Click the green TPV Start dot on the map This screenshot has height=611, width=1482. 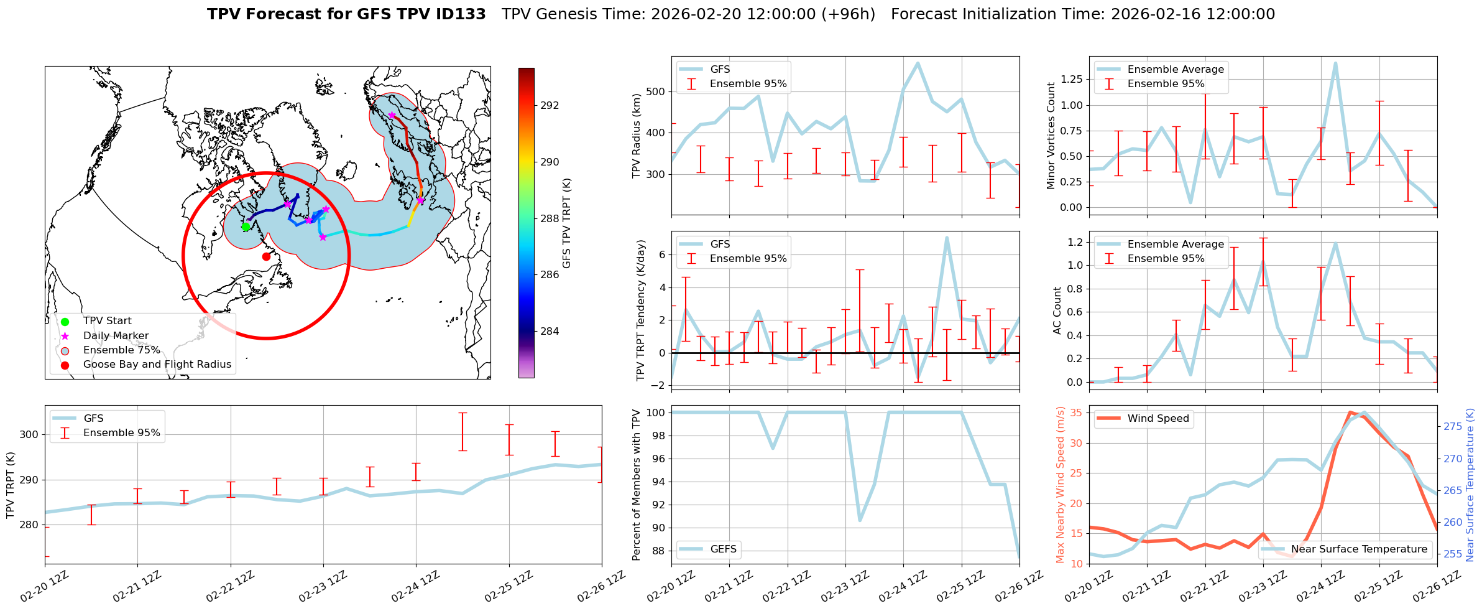click(246, 227)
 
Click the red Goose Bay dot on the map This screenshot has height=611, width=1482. click(266, 256)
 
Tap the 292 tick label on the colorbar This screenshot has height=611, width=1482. click(550, 105)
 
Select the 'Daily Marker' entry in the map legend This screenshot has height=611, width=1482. click(116, 336)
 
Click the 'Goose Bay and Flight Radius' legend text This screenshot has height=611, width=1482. click(157, 365)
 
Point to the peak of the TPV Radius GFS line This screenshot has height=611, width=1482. click(918, 63)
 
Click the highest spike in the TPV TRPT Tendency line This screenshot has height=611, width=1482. click(947, 237)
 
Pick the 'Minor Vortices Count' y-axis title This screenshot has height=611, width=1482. click(1051, 136)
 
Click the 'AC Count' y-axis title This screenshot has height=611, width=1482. click(1057, 310)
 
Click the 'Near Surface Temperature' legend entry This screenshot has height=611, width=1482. click(1359, 549)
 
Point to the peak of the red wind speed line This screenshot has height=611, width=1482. click(1350, 412)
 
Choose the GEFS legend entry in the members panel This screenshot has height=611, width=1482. click(723, 549)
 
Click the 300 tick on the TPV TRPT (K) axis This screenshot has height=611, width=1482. click(29, 434)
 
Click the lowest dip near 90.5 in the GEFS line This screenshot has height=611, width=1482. click(860, 520)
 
